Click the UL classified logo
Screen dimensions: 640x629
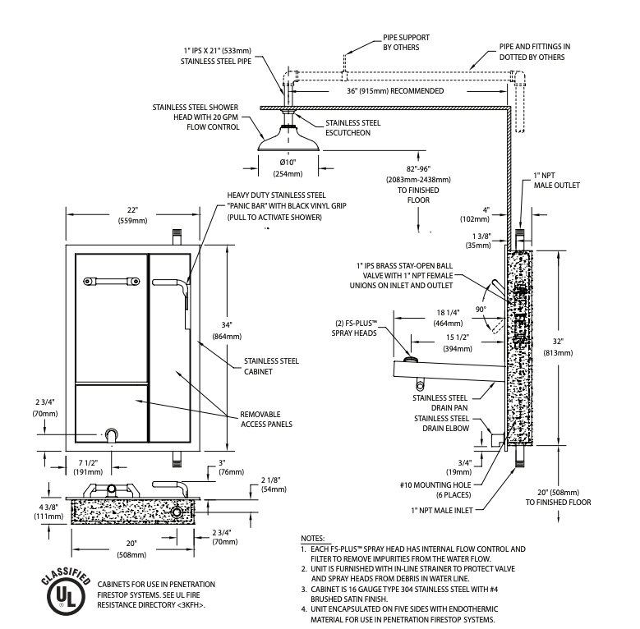coord(65,591)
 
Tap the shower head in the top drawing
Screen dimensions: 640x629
coord(288,139)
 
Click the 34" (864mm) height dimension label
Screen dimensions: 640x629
coord(227,331)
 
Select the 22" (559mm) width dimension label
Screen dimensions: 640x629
coord(132,215)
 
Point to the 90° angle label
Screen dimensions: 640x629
coord(481,310)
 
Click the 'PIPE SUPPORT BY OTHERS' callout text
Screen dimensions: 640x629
coord(406,43)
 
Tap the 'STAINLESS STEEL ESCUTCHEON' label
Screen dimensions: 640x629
coord(353,127)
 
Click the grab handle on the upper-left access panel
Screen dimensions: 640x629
coord(112,282)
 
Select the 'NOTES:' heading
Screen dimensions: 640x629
coord(313,539)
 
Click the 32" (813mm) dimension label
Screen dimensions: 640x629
coord(558,347)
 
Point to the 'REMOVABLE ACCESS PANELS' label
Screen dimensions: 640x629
coord(266,420)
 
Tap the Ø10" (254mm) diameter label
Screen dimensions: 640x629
coord(288,168)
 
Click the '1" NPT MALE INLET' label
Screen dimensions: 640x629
coord(442,510)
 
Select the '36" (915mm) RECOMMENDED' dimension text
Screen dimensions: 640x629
coord(395,91)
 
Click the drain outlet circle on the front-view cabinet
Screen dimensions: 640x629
coord(112,435)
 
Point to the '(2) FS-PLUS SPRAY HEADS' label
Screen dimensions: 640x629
coord(354,328)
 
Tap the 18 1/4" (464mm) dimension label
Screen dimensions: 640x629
coord(448,318)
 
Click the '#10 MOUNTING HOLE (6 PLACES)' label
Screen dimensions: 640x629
coord(435,490)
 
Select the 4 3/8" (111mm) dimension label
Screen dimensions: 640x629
coord(48,512)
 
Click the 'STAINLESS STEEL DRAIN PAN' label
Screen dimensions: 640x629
coord(440,402)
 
